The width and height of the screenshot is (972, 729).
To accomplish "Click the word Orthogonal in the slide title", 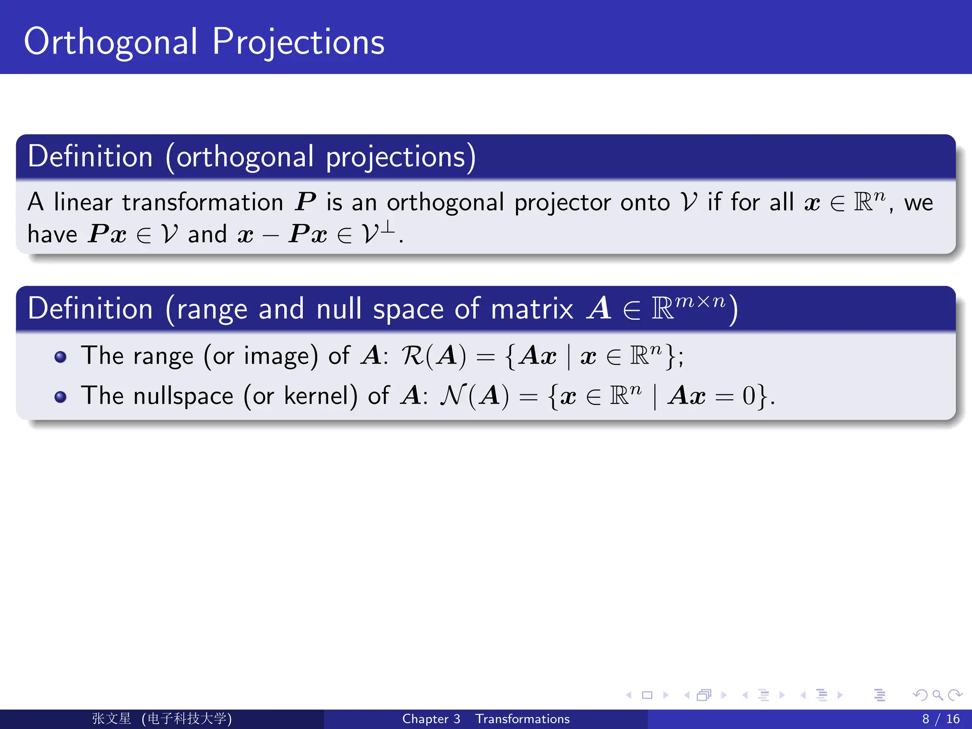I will [111, 43].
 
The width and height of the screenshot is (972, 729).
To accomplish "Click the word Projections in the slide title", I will [298, 43].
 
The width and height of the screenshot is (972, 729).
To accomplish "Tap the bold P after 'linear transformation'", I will [305, 202].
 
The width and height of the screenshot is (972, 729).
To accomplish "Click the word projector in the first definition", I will [562, 203].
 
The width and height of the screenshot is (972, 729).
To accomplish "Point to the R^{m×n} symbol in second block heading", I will [688, 307].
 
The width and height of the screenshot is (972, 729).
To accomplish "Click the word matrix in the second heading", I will [532, 309].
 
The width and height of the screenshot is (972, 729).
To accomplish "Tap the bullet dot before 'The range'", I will [60, 357].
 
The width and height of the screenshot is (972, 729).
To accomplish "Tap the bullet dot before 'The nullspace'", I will [60, 397].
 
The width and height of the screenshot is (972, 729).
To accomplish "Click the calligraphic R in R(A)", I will [412, 355].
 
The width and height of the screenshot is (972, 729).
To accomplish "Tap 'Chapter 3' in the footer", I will [431, 719].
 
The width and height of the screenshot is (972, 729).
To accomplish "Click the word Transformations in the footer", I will [522, 719].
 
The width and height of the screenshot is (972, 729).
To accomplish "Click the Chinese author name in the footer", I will [112, 719].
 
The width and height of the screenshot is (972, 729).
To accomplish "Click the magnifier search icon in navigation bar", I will [937, 695].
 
